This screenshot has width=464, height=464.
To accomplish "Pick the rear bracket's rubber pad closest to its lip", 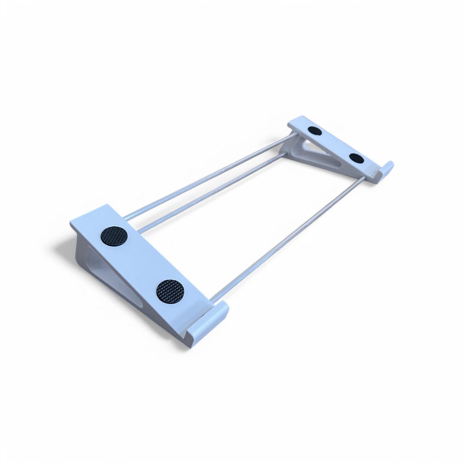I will coord(357,158).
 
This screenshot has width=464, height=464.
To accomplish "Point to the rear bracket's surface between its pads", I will coord(336,144).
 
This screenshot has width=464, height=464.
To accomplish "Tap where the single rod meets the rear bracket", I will coord(364,177).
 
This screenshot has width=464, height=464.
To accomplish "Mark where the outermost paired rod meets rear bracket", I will coord(295,136).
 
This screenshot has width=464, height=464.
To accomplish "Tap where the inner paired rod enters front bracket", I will coord(140,230).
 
